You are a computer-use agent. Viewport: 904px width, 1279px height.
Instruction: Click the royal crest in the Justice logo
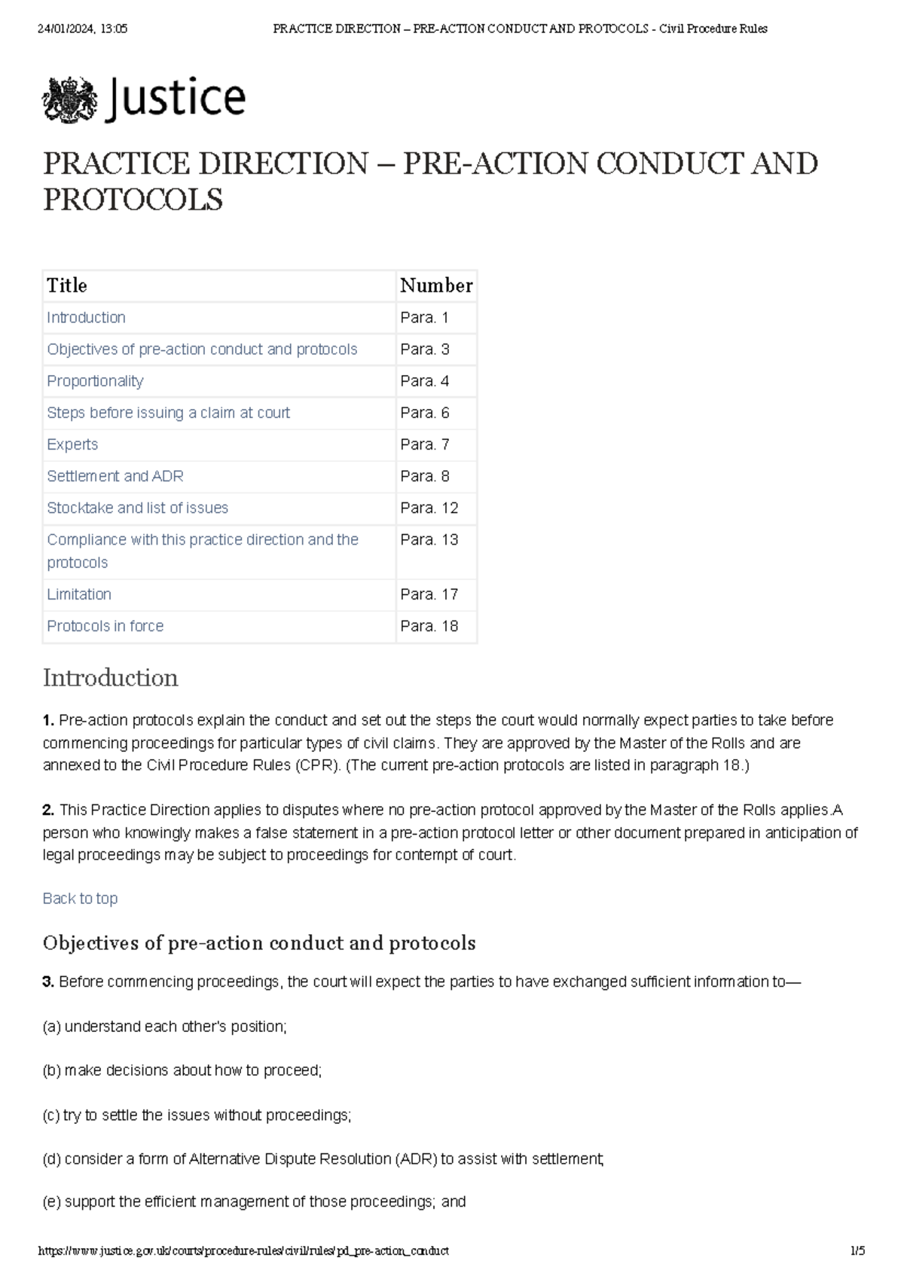pos(69,99)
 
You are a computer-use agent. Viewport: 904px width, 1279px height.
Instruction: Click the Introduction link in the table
pos(86,318)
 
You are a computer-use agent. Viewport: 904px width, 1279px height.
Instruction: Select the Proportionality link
pos(95,381)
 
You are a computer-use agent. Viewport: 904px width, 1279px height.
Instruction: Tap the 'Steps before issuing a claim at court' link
pos(168,413)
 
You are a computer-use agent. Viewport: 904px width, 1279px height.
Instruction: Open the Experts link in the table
pos(72,444)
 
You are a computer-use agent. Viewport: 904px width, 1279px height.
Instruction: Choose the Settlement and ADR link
pos(115,476)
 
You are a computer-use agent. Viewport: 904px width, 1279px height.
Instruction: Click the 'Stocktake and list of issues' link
pos(137,508)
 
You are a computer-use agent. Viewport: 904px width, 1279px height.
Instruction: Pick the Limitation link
pos(79,594)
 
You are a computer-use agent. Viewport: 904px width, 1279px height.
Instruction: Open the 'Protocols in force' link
pos(105,626)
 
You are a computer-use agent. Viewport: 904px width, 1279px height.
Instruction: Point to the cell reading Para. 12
pos(429,508)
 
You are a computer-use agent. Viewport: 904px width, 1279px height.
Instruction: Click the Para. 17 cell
pos(429,594)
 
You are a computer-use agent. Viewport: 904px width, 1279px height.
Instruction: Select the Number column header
pos(436,285)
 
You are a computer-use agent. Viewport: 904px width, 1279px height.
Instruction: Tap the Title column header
pos(67,285)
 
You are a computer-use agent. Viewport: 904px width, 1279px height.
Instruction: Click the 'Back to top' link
pos(80,899)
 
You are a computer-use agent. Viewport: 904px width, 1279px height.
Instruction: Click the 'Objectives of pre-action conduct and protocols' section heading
pos(259,943)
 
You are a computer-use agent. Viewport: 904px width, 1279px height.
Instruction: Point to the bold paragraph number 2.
pos(48,810)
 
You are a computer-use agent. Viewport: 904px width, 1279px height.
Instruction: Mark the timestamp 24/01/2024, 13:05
pos(82,29)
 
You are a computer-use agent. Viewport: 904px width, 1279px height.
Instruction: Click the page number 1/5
pos(857,1251)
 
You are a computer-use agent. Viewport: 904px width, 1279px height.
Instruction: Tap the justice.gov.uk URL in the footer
pos(243,1251)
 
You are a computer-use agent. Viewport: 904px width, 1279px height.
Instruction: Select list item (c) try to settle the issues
pos(197,1115)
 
